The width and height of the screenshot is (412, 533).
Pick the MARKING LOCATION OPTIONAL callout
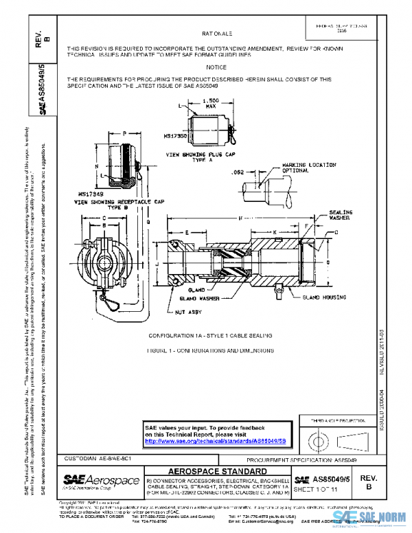coord(309,168)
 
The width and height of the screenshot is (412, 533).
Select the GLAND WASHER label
coord(201,299)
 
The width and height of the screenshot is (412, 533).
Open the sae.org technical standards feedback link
coord(218,440)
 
